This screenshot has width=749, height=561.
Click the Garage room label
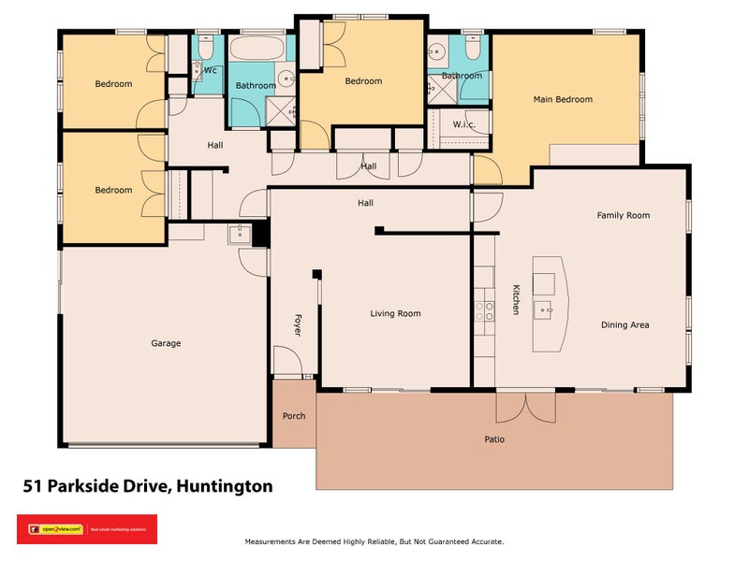pyautogui.click(x=166, y=343)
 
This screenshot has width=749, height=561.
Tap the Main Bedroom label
pyautogui.click(x=563, y=99)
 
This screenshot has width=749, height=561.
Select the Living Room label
pyautogui.click(x=395, y=314)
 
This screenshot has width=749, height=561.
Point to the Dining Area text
pyautogui.click(x=624, y=325)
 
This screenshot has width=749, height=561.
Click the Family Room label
pyautogui.click(x=624, y=215)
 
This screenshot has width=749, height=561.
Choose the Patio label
pyautogui.click(x=494, y=439)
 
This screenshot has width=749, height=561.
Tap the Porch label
pyautogui.click(x=294, y=416)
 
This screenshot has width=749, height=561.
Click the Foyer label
pyautogui.click(x=298, y=324)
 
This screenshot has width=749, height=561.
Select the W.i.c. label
pyautogui.click(x=464, y=124)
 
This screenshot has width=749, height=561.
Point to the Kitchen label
pyautogui.click(x=515, y=299)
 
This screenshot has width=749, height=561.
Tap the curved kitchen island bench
pyautogui.click(x=551, y=304)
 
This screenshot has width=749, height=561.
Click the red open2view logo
pyautogui.click(x=87, y=529)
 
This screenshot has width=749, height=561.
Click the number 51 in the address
pyautogui.click(x=32, y=486)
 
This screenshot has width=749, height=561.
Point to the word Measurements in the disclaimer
pyautogui.click(x=274, y=541)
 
